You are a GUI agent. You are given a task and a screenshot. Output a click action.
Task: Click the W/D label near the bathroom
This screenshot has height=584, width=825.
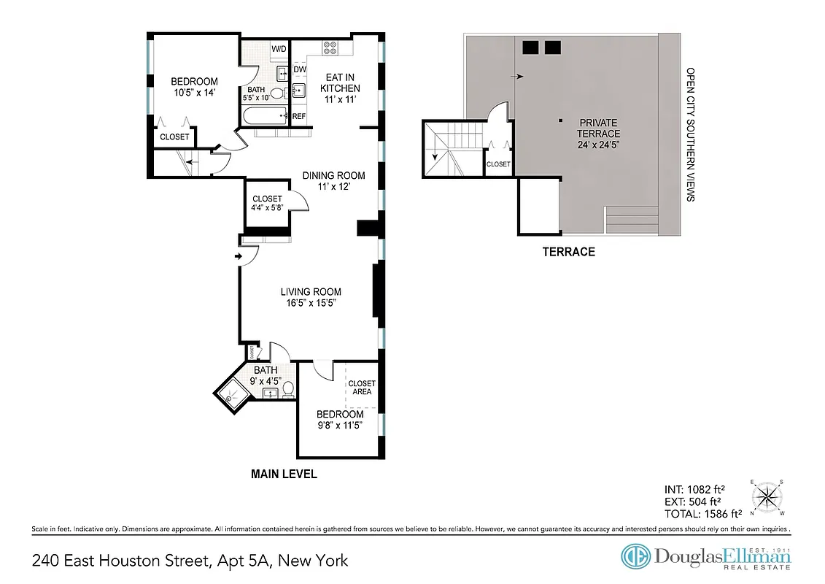tap(279, 49)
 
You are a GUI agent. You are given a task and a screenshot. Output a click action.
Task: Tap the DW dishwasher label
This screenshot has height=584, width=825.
tap(299, 70)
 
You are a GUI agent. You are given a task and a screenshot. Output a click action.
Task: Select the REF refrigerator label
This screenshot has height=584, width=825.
tap(299, 116)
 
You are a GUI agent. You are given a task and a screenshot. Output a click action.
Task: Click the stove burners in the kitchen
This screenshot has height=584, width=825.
tap(330, 48)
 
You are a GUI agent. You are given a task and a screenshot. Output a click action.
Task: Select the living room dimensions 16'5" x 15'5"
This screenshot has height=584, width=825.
tap(311, 303)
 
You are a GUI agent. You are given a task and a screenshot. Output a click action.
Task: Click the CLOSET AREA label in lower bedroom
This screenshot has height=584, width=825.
tap(362, 388)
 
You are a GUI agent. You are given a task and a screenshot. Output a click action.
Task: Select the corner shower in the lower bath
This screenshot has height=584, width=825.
tap(233, 394)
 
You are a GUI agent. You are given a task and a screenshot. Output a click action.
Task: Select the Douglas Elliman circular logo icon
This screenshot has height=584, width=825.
tap(635, 557)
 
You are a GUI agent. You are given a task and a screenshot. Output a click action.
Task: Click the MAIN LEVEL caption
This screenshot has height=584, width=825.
tap(284, 474)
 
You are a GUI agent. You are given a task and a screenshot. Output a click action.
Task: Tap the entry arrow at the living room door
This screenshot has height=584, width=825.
tap(239, 256)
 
